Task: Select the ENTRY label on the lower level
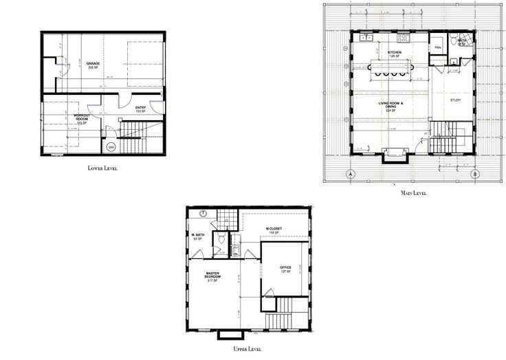140,108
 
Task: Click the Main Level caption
414,193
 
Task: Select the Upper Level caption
246,349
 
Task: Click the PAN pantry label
437,47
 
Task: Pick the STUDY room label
455,100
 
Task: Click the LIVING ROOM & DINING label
393,105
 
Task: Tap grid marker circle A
350,174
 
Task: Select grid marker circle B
474,174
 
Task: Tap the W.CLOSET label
274,229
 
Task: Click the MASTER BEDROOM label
212,277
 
